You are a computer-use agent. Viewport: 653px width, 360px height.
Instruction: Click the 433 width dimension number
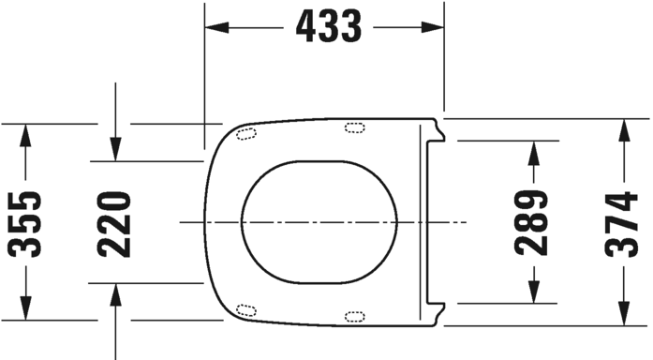coord(328,27)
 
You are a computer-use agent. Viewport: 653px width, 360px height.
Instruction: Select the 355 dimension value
coord(25,223)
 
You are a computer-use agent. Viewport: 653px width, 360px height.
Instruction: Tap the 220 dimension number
coord(113,223)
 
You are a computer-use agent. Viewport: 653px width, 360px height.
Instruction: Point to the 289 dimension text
coord(531,223)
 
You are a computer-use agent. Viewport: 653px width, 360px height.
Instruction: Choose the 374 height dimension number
coord(621,223)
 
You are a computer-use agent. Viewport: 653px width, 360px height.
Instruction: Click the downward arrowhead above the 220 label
coord(113,149)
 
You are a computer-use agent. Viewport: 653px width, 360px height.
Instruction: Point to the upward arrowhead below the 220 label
coord(113,293)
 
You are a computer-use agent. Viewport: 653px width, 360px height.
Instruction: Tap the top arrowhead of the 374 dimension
coord(621,130)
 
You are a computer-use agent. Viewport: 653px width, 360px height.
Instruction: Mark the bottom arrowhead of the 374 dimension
coord(621,315)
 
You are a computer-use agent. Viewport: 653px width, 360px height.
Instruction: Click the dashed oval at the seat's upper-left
coord(247,133)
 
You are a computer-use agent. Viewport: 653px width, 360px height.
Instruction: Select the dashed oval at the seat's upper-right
coord(356,128)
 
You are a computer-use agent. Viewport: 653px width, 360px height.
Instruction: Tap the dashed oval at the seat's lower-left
coord(247,310)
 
